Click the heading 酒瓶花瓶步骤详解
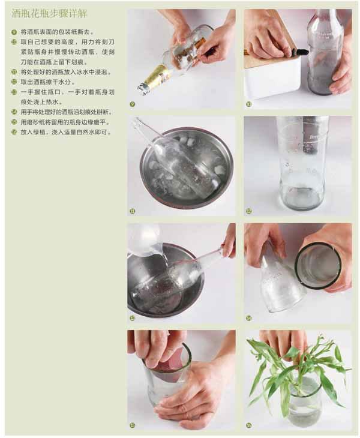point(49,14)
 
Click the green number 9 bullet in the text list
point(14,32)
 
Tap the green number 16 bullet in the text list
point(14,132)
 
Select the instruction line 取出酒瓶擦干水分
point(47,82)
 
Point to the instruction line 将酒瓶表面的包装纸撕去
point(57,32)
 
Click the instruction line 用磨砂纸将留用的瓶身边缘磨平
point(65,122)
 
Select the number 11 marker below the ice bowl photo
point(133,211)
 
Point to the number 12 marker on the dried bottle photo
point(248,211)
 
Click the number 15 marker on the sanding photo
point(133,425)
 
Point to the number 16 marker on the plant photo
point(248,425)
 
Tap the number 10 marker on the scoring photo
point(248,104)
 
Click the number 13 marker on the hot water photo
point(133,318)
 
